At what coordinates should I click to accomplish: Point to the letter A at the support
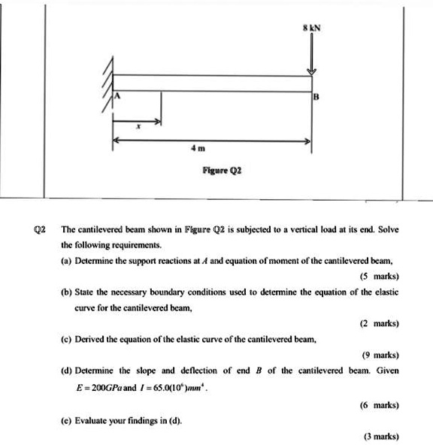(x=117, y=97)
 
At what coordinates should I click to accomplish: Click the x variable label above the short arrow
(x=136, y=128)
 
